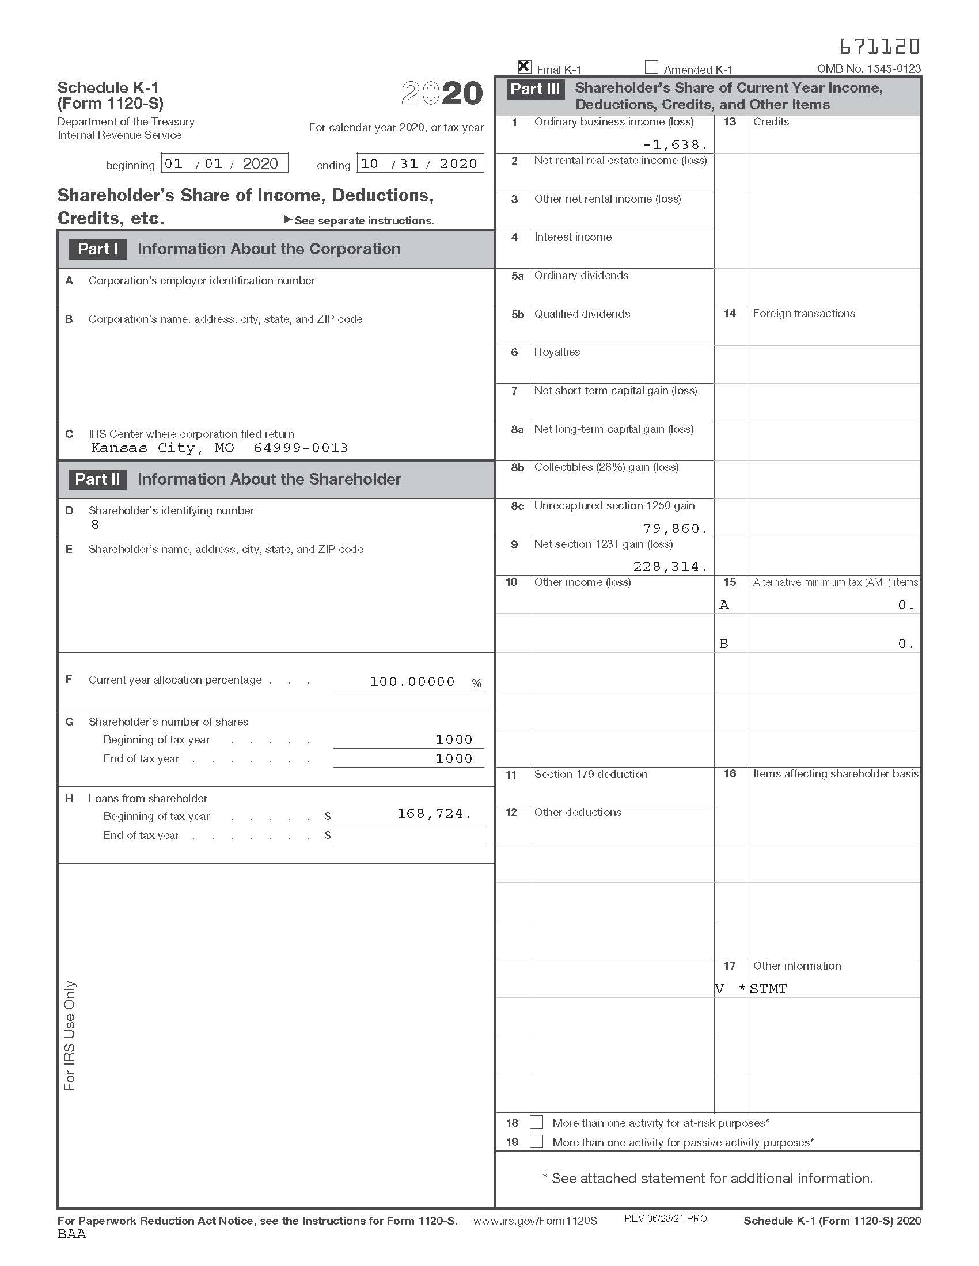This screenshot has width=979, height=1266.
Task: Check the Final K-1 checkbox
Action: coord(523,67)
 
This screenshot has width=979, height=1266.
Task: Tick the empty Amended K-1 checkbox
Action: coord(651,67)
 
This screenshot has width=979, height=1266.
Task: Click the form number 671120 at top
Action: coord(879,46)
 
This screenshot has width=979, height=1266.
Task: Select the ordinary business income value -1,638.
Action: coord(674,145)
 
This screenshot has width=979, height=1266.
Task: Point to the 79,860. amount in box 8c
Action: coord(674,528)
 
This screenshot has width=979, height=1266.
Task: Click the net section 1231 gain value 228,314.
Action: coord(670,566)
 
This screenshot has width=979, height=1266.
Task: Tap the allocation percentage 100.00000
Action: coord(412,682)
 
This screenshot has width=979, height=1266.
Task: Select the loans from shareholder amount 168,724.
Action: coord(434,814)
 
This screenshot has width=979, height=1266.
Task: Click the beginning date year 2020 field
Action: coord(260,163)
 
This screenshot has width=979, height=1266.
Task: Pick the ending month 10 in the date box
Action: coord(370,163)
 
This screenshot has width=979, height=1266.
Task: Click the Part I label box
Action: coord(97,249)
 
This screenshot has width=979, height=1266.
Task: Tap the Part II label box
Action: coord(97,479)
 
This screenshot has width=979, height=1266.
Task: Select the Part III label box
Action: coord(535,89)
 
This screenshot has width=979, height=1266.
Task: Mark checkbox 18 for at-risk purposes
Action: coord(537,1123)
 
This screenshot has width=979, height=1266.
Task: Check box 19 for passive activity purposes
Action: coord(537,1142)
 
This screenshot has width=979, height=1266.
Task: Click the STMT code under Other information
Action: coord(768,989)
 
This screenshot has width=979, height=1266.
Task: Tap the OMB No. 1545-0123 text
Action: coord(868,68)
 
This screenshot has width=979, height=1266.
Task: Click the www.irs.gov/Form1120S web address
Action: coord(535,1220)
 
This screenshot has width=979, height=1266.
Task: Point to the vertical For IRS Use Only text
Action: coord(70,1035)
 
